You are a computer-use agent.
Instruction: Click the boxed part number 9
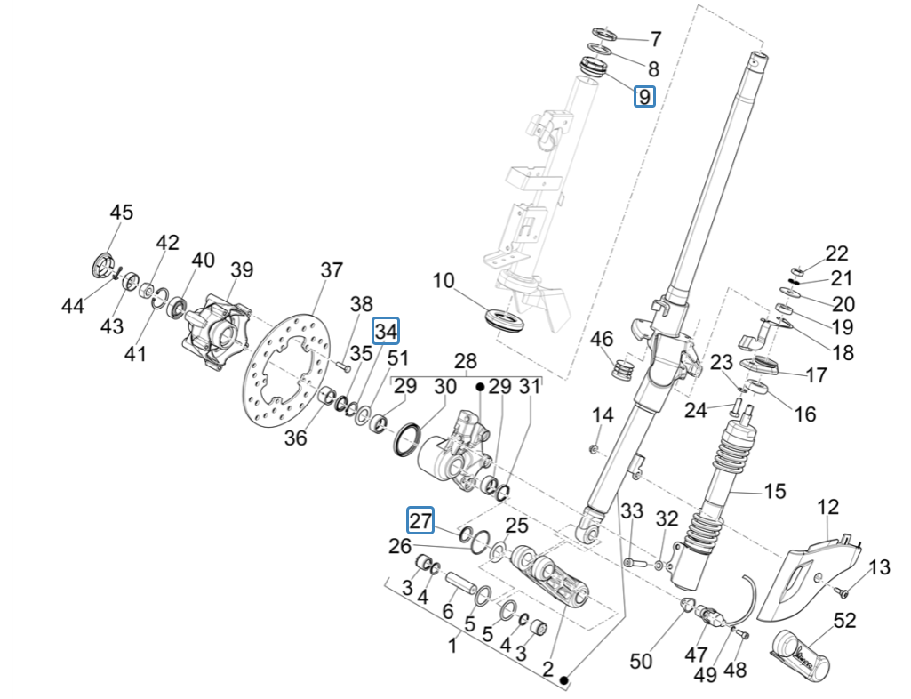click(644, 96)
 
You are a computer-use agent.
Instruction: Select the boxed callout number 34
click(386, 331)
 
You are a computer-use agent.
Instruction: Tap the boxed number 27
click(420, 519)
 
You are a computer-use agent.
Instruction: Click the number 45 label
click(122, 213)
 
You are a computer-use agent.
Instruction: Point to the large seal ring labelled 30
click(409, 438)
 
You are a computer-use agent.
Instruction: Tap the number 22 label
click(837, 253)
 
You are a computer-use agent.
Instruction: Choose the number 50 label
click(640, 661)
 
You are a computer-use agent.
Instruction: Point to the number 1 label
click(454, 646)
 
